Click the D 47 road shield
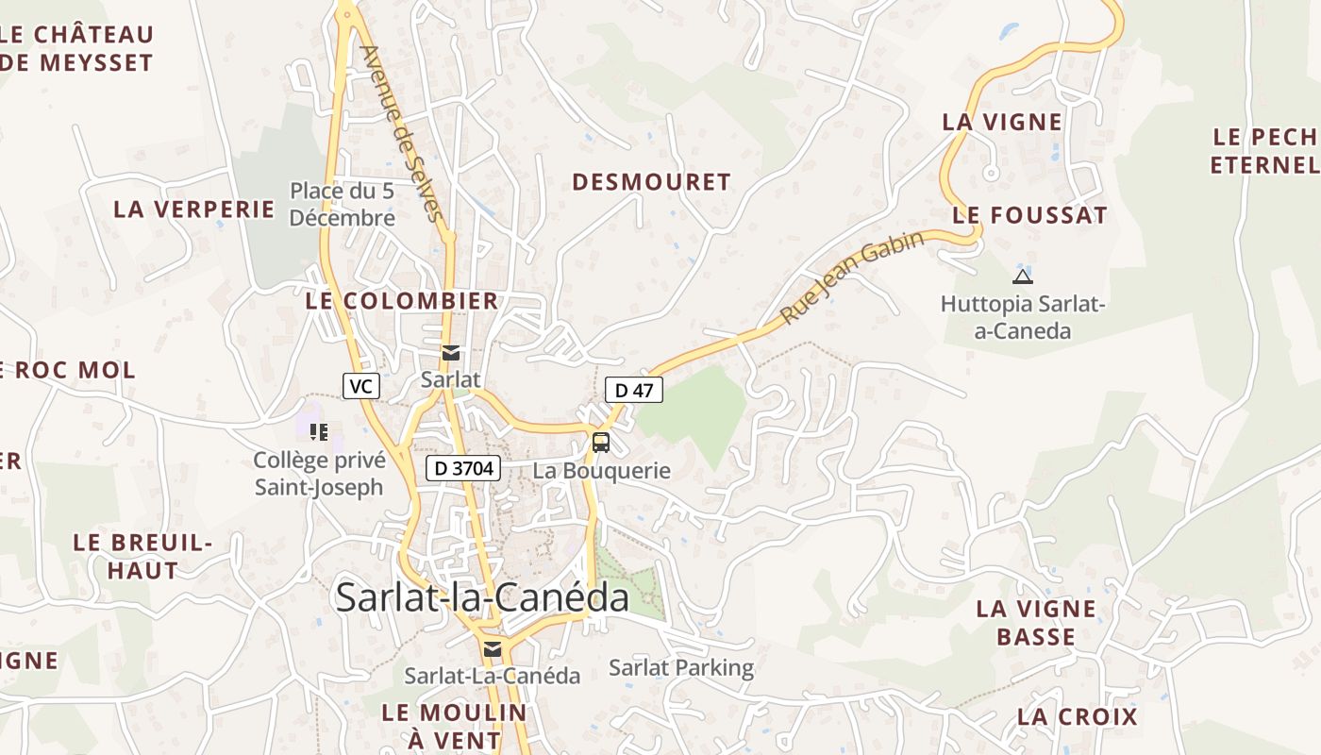click(634, 390)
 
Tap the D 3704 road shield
click(462, 467)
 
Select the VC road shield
click(360, 385)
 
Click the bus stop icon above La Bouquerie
click(601, 442)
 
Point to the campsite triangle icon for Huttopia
click(1022, 277)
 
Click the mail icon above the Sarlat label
click(451, 353)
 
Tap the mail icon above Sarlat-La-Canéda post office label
click(492, 648)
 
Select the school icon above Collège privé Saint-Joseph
click(319, 432)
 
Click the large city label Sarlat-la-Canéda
click(482, 597)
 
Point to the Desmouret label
click(651, 182)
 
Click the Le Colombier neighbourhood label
click(402, 301)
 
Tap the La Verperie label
click(194, 210)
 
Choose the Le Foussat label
click(1029, 215)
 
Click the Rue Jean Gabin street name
click(852, 277)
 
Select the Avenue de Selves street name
click(401, 133)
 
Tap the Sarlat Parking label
click(681, 668)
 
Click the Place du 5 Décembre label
click(342, 204)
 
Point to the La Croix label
click(1078, 716)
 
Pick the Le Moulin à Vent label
click(454, 725)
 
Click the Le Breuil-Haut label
click(142, 556)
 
